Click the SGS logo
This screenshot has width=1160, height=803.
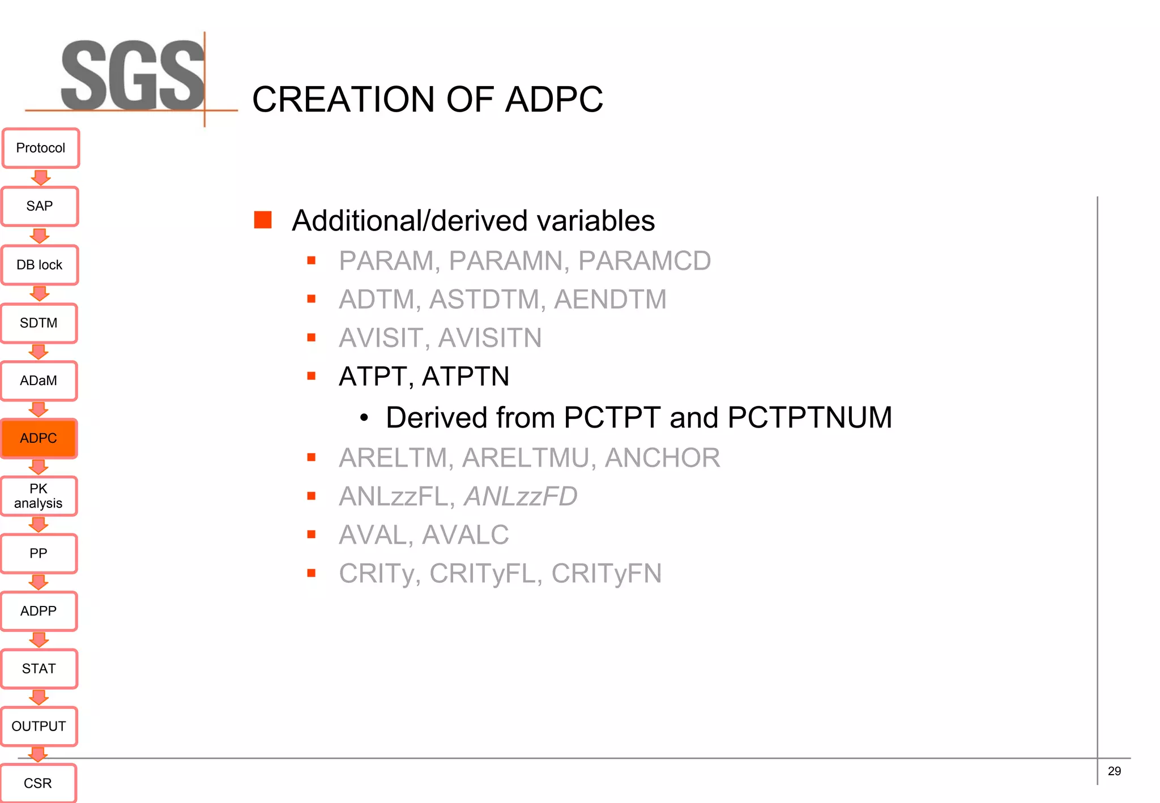pyautogui.click(x=133, y=76)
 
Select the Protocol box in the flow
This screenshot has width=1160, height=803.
pyautogui.click(x=41, y=148)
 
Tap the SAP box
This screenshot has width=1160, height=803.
pyautogui.click(x=40, y=206)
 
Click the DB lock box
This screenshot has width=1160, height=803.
pyautogui.click(x=40, y=265)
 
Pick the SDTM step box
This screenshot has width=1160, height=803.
pyautogui.click(x=39, y=323)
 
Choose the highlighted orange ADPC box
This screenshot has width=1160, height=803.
pyautogui.click(x=39, y=438)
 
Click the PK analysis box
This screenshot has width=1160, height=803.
pyautogui.click(x=39, y=496)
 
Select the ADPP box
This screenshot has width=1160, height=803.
pyautogui.click(x=39, y=611)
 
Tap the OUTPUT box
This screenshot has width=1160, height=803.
pyautogui.click(x=39, y=726)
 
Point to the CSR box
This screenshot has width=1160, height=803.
pyautogui.click(x=38, y=783)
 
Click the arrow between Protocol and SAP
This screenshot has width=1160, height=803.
pyautogui.click(x=41, y=178)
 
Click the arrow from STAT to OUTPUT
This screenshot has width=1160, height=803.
pyautogui.click(x=39, y=698)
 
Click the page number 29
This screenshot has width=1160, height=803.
pyautogui.click(x=1114, y=771)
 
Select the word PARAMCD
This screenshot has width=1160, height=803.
pyautogui.click(x=645, y=261)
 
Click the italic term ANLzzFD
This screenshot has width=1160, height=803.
pyautogui.click(x=521, y=497)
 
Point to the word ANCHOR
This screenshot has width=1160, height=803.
pyautogui.click(x=662, y=458)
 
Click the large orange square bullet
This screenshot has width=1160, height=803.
pyautogui.click(x=263, y=220)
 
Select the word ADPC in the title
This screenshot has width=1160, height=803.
pyautogui.click(x=553, y=100)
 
